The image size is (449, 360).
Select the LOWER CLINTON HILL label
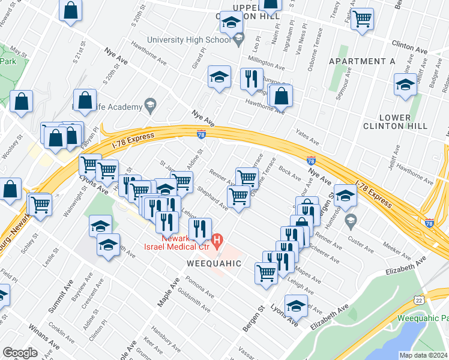(395, 122)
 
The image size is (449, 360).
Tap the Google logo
(20, 353)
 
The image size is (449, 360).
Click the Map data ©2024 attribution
(423, 355)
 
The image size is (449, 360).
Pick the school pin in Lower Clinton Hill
(406, 85)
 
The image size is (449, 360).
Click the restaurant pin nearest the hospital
(200, 228)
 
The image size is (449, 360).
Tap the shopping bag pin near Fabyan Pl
(85, 100)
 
